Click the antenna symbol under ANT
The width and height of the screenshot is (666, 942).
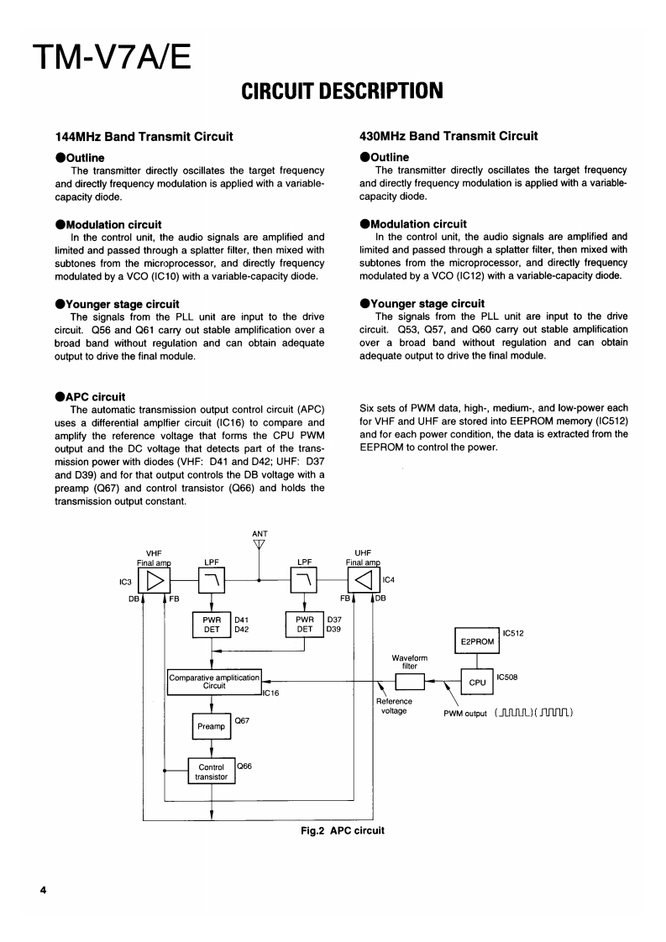pos(260,544)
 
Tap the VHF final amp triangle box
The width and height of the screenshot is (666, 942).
pos(158,578)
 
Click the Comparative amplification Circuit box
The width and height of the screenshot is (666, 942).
pos(214,681)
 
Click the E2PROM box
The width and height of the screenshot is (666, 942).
pos(477,641)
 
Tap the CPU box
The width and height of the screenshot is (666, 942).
pos(477,682)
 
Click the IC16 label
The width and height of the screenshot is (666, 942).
pos(270,693)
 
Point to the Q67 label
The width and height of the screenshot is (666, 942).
pos(243,720)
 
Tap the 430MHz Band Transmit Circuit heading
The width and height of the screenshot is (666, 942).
pos(448,136)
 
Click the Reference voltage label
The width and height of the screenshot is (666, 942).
pos(394,706)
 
